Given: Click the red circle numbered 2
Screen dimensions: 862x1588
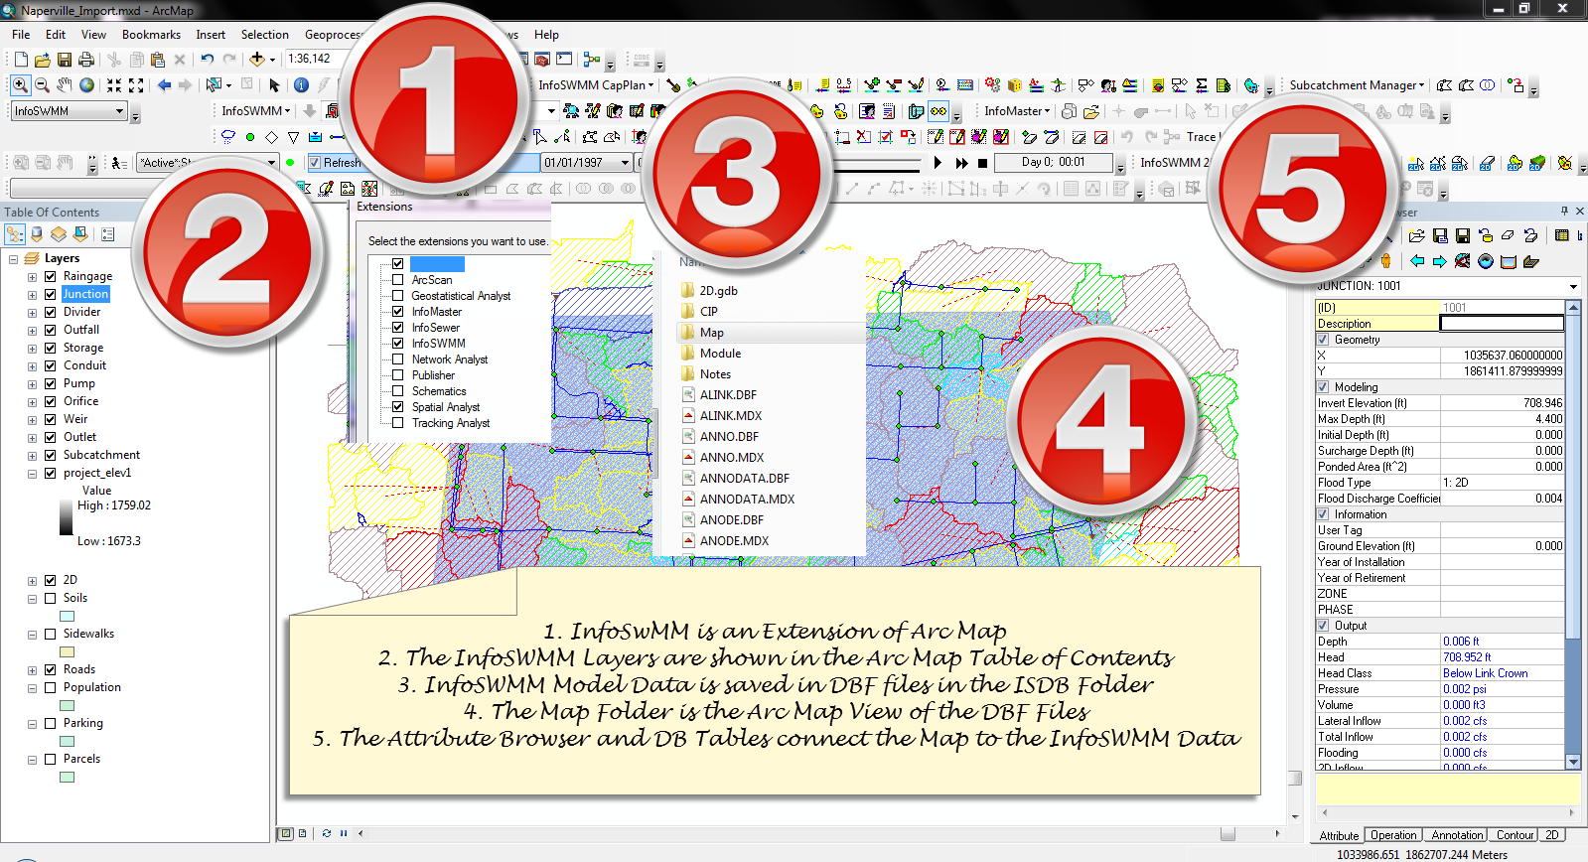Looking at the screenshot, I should [x=229, y=255].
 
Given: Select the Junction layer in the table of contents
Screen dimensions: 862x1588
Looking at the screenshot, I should [x=85, y=294].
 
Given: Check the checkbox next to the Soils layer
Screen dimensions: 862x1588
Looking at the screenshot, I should [x=50, y=598].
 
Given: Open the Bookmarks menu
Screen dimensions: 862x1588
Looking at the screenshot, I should [x=151, y=35].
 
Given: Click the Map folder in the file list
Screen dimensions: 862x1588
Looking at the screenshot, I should [x=711, y=333].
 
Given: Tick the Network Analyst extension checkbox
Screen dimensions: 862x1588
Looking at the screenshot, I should [x=397, y=359].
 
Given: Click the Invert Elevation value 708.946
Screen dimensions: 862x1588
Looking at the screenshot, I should [x=1541, y=403].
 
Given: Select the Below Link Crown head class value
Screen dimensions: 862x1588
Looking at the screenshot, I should [x=1485, y=673].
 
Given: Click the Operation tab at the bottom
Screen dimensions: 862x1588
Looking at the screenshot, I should [x=1392, y=835].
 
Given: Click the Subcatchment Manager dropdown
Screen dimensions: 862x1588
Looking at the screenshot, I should [x=1356, y=85].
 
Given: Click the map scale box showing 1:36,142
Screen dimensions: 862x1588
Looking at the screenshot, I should [x=312, y=59].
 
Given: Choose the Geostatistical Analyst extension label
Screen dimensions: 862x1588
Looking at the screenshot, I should [x=461, y=296].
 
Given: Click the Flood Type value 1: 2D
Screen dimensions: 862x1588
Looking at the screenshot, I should [x=1455, y=483].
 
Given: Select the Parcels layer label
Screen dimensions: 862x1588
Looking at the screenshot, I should [x=81, y=759].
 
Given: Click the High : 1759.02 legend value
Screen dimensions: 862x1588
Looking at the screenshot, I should [x=114, y=505].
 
